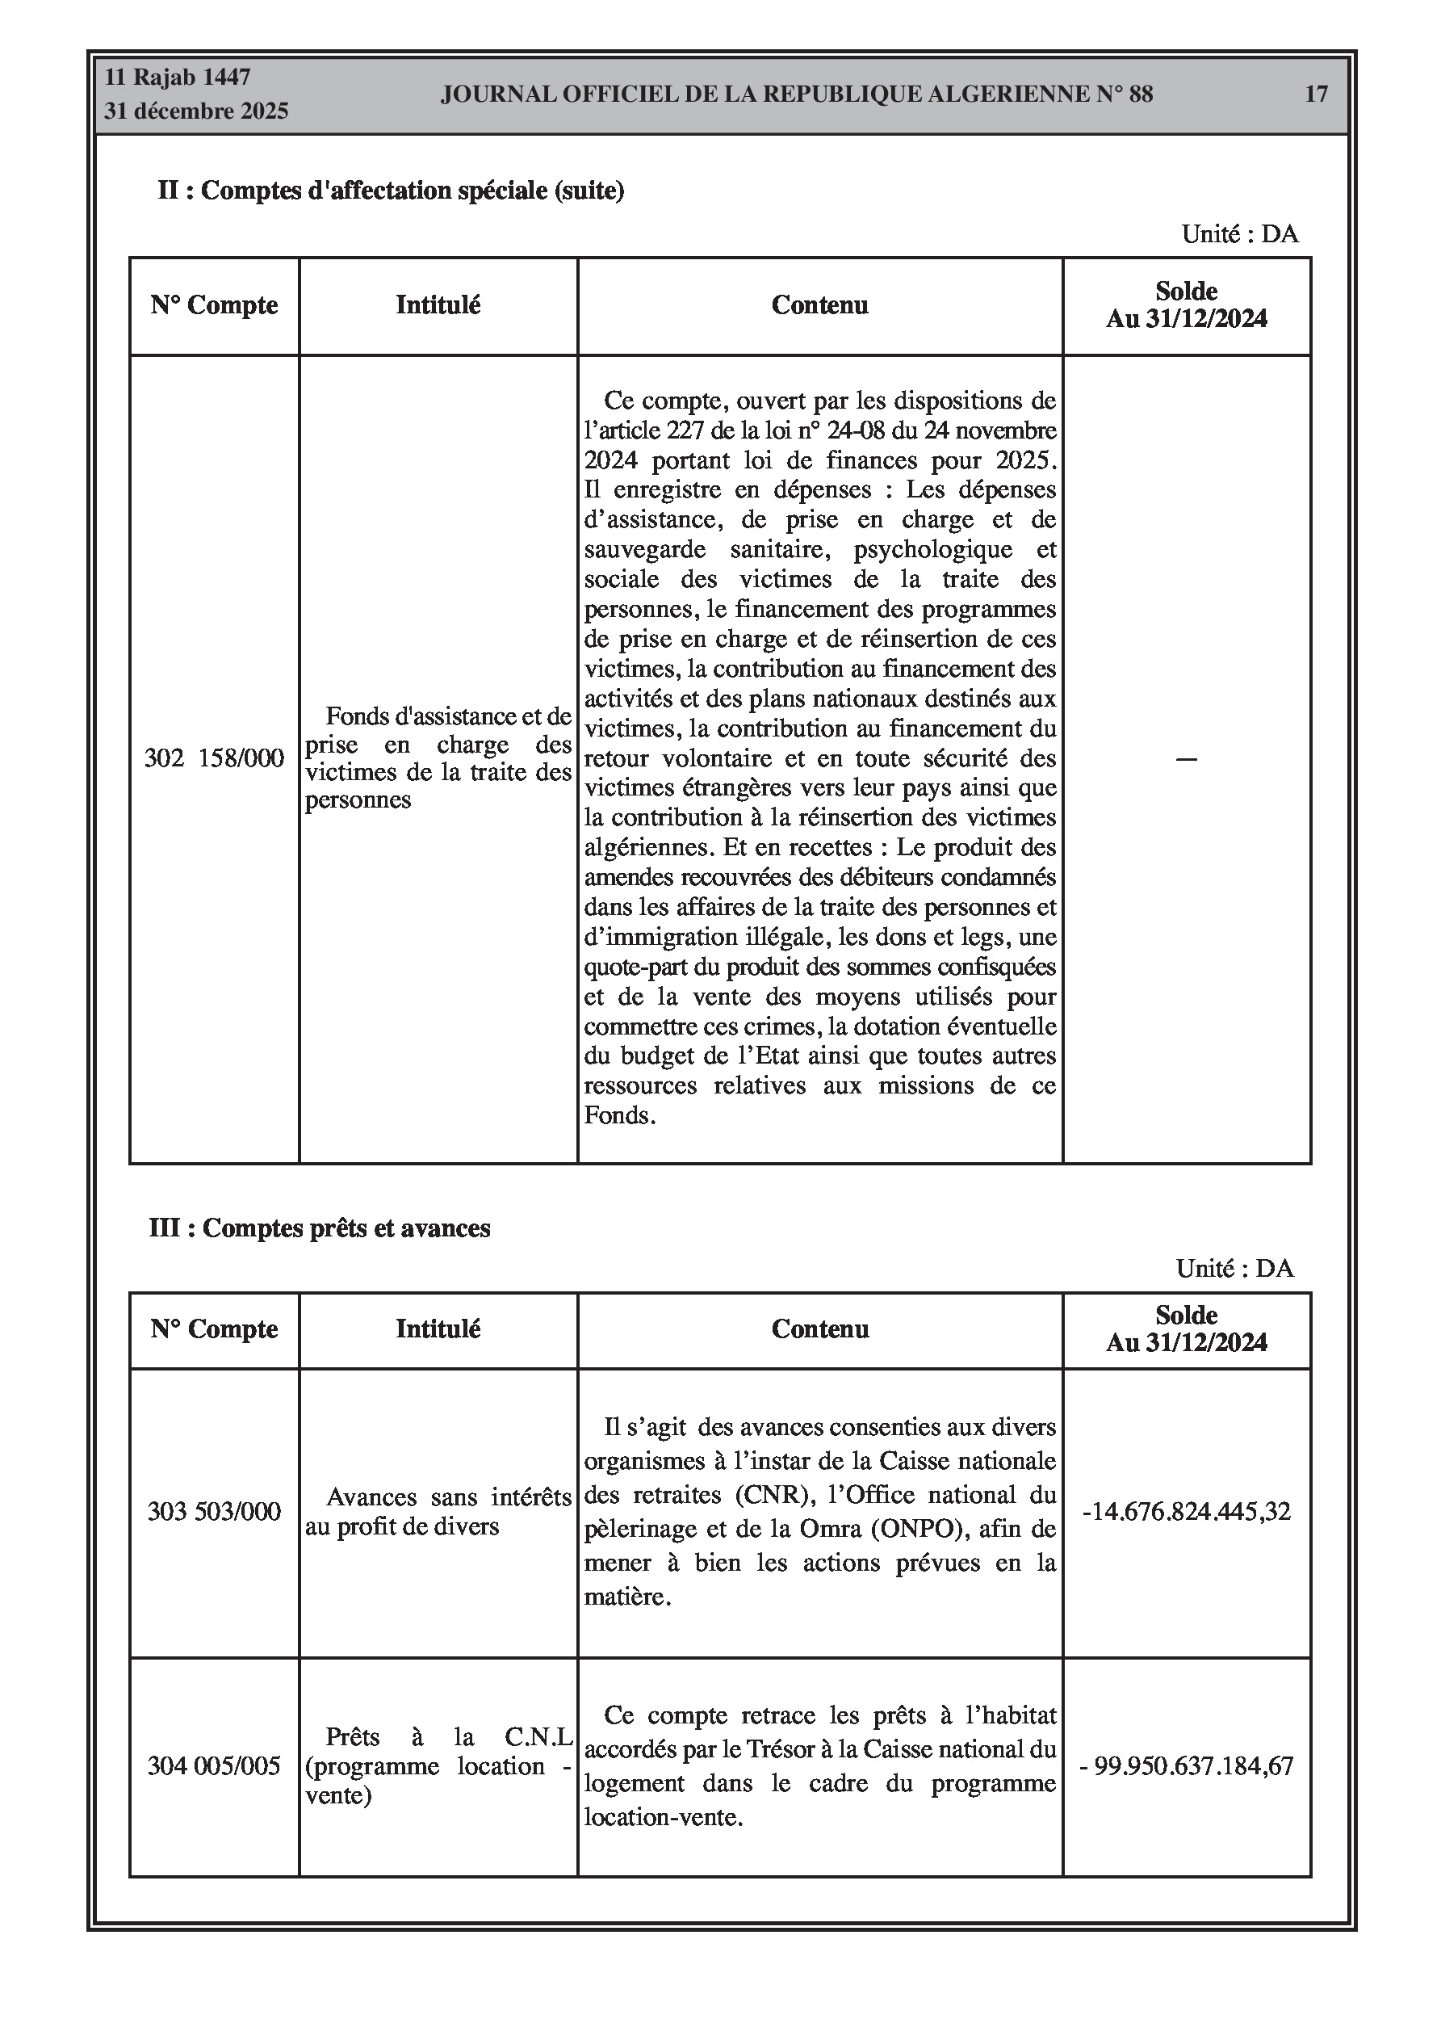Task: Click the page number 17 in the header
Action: (1316, 94)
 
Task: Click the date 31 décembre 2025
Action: (196, 111)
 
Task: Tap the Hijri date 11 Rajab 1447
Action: (178, 78)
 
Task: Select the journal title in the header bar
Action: (796, 94)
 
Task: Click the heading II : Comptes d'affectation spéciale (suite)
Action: (391, 190)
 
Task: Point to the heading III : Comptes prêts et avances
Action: (320, 1228)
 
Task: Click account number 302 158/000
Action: (214, 758)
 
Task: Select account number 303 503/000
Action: (214, 1511)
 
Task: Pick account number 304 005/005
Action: (214, 1765)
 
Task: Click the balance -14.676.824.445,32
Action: (1186, 1511)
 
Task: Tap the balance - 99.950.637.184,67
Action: (1186, 1765)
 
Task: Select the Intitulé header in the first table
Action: (438, 305)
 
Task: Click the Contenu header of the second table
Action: (820, 1329)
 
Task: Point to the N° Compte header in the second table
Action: (214, 1329)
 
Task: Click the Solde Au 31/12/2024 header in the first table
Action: (1186, 304)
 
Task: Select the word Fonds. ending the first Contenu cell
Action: (619, 1115)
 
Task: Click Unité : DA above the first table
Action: (1239, 234)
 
